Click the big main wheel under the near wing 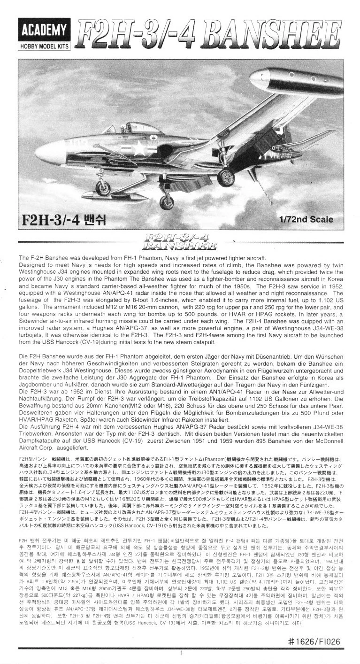pos(226,177)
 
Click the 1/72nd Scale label pos(306,219)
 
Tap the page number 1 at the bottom pos(180,653)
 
